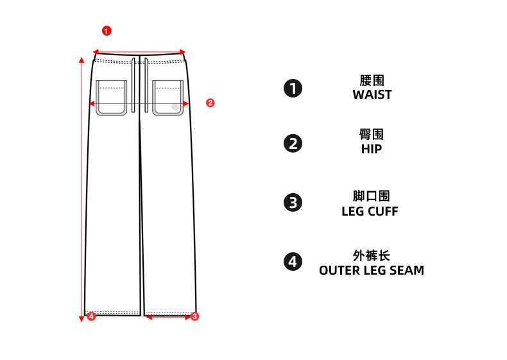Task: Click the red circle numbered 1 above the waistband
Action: (x=107, y=31)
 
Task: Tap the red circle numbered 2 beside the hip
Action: (x=210, y=103)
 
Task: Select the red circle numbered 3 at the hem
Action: (x=194, y=316)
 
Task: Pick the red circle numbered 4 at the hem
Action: (x=91, y=316)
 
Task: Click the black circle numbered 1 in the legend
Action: (x=293, y=89)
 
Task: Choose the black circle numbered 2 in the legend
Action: (x=293, y=144)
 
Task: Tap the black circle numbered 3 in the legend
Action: (x=293, y=203)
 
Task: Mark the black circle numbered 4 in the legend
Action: (x=293, y=262)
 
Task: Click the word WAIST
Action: (x=372, y=94)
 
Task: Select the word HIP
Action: (x=372, y=149)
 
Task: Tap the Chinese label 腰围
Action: (x=372, y=81)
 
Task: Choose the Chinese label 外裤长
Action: (x=371, y=255)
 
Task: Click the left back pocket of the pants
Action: (x=111, y=98)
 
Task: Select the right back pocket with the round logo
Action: (x=168, y=98)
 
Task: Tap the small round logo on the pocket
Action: (x=175, y=107)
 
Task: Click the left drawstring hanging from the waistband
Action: (x=133, y=85)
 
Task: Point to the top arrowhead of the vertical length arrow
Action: (x=82, y=60)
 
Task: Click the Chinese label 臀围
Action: (x=372, y=135)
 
